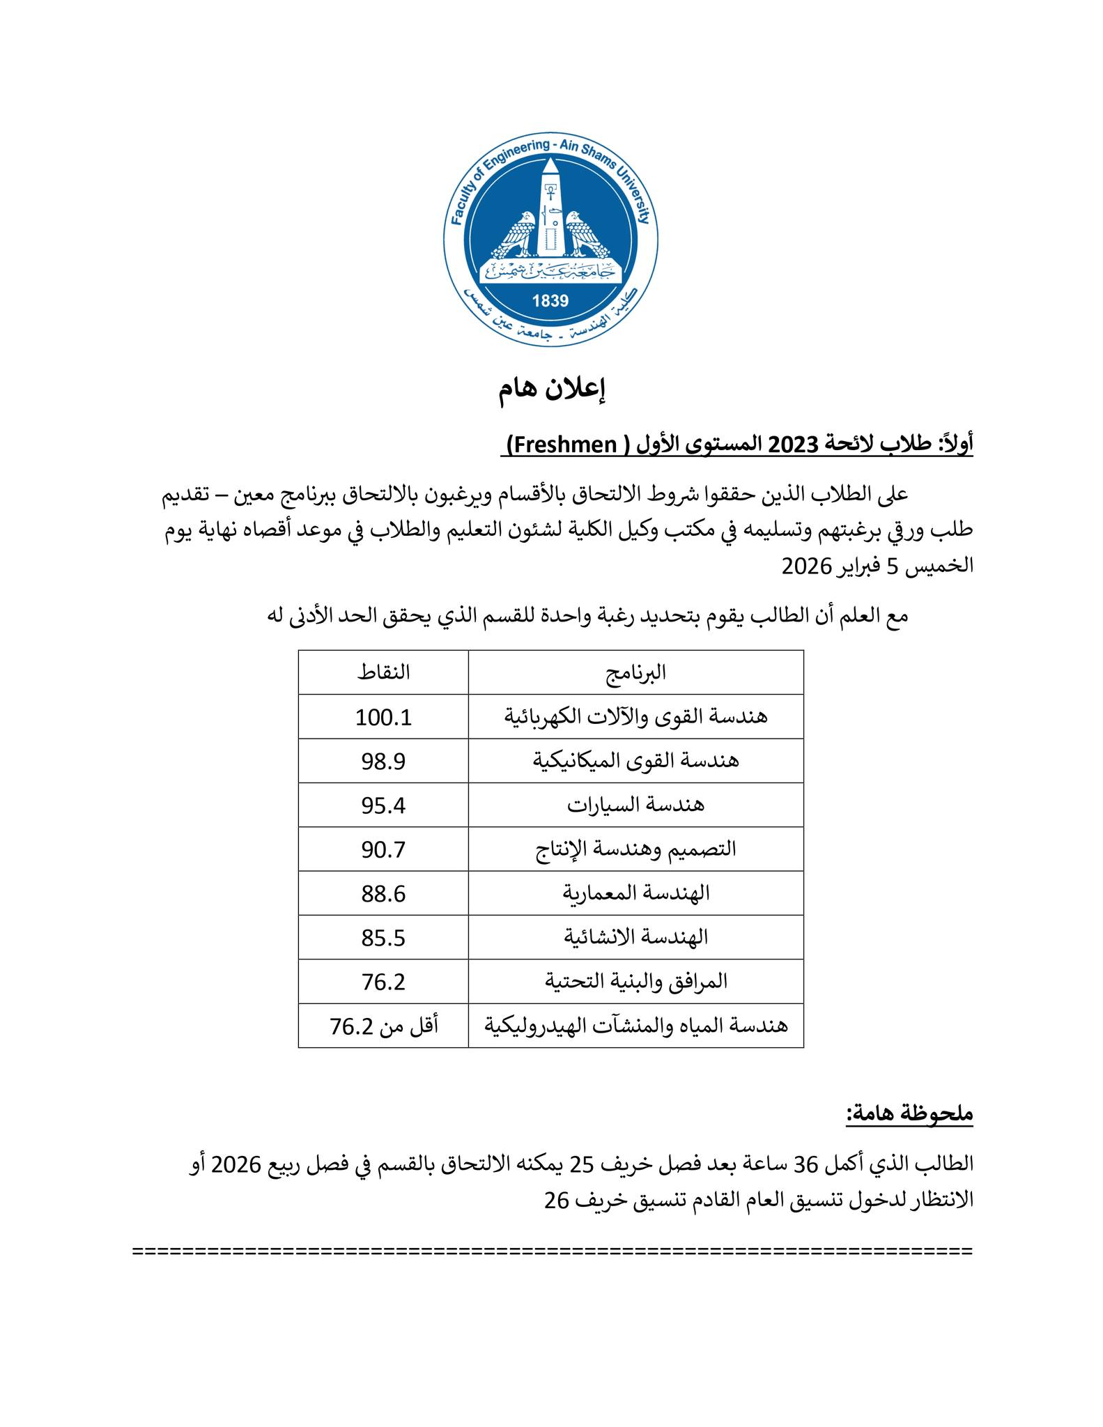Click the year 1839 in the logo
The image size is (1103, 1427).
pos(550,301)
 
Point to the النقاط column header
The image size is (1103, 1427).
pos(383,672)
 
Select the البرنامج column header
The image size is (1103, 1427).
pos(635,672)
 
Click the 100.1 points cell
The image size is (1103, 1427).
pos(383,717)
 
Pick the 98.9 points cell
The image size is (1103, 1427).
pos(383,761)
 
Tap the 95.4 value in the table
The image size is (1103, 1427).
pos(383,805)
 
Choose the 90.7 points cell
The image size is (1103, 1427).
pos(383,849)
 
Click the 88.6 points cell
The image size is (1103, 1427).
pos(383,894)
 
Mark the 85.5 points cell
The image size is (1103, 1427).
pos(383,938)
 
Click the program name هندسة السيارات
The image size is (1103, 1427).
pos(635,805)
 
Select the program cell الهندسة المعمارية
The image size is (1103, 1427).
pos(635,893)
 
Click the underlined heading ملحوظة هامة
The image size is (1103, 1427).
pos(909,1113)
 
